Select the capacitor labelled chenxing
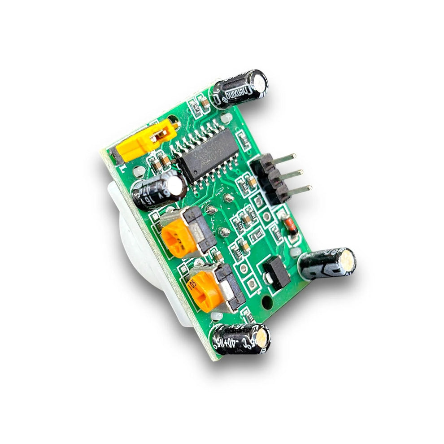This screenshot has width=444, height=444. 239,88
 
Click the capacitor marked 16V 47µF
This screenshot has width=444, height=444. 158,191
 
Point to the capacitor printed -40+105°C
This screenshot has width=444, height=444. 239,339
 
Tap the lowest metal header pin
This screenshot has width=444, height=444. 298,189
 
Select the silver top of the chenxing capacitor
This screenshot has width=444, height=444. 260,82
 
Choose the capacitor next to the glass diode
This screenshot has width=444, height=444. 326,264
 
